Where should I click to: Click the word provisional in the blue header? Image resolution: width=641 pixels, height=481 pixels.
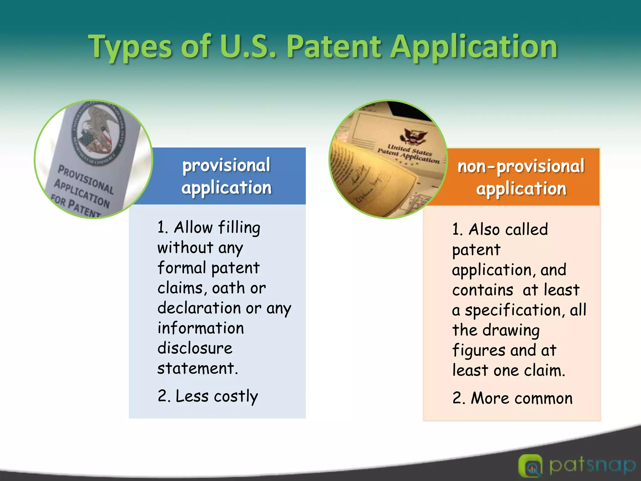pyautogui.click(x=226, y=165)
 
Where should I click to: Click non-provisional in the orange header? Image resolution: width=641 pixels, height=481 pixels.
pyautogui.click(x=521, y=166)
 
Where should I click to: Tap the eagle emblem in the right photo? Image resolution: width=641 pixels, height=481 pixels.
pyautogui.click(x=413, y=137)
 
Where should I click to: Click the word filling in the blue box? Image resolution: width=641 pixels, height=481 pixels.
pyautogui.click(x=239, y=228)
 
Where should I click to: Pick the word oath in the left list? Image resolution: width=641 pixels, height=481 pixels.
pyautogui.click(x=228, y=288)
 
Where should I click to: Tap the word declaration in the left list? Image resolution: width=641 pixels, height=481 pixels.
pyautogui.click(x=200, y=308)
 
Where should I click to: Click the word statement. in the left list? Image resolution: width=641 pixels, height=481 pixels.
pyautogui.click(x=197, y=368)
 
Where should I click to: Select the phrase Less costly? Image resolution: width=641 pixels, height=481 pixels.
pyautogui.click(x=217, y=396)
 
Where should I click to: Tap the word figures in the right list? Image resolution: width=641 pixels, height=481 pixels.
pyautogui.click(x=479, y=351)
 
